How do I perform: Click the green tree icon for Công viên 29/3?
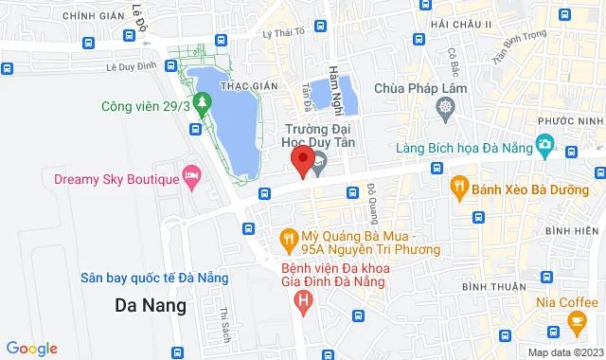pos(200,100)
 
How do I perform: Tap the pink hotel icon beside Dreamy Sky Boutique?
pos(192,177)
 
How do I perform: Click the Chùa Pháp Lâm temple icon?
pos(446,111)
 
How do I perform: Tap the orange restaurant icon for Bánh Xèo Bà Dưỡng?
pos(460,186)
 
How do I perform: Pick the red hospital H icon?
pos(303,303)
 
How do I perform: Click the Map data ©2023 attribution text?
pos(564,352)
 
